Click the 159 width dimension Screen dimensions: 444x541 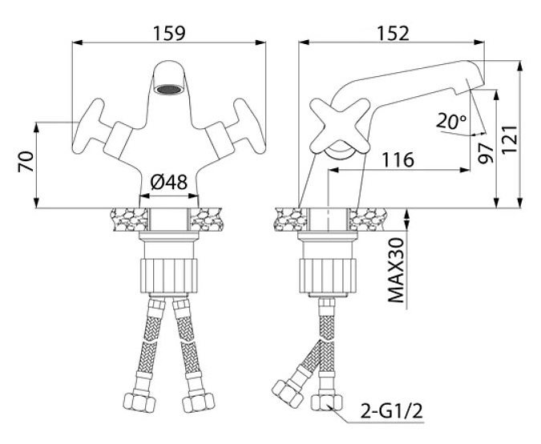click(168, 33)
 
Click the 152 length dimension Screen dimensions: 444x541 click(391, 33)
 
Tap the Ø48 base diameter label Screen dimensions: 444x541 click(168, 183)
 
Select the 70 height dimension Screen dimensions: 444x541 click(25, 165)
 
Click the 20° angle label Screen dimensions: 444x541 click(450, 122)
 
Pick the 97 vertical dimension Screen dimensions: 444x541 click(484, 151)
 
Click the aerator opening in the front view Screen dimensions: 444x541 click(168, 91)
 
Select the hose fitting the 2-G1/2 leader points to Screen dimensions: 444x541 click(327, 402)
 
